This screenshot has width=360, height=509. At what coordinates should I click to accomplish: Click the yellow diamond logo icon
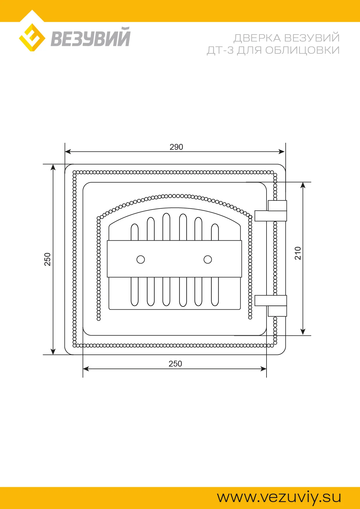pyautogui.click(x=32, y=38)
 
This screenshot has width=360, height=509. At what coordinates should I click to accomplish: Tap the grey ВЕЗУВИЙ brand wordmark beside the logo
pyautogui.click(x=91, y=37)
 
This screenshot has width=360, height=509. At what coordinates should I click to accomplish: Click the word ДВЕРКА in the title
pyautogui.click(x=257, y=38)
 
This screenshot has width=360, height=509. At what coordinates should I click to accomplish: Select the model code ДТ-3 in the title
pyautogui.click(x=220, y=50)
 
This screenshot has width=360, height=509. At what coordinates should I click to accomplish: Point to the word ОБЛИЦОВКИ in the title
pyautogui.click(x=302, y=50)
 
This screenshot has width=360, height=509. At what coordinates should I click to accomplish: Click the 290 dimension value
pyautogui.click(x=176, y=147)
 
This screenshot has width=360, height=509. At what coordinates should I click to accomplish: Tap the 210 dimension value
pyautogui.click(x=298, y=253)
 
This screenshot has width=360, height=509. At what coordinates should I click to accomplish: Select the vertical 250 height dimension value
pyautogui.click(x=47, y=259)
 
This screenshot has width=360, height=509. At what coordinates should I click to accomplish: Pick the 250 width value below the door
pyautogui.click(x=175, y=364)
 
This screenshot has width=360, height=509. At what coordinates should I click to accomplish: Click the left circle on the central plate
pyautogui.click(x=141, y=259)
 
